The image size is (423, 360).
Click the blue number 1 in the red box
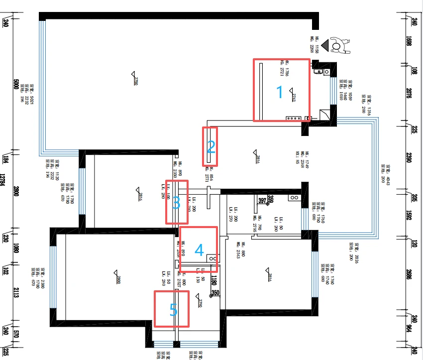[279, 93]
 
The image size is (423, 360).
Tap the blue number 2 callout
[211, 147]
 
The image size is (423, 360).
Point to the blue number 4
[199, 250]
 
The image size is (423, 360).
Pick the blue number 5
[173, 311]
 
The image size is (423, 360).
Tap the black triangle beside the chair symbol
[325, 46]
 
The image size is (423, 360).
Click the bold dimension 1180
[214, 280]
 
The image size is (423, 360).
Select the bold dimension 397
[262, 200]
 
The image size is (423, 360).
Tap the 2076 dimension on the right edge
[414, 95]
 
